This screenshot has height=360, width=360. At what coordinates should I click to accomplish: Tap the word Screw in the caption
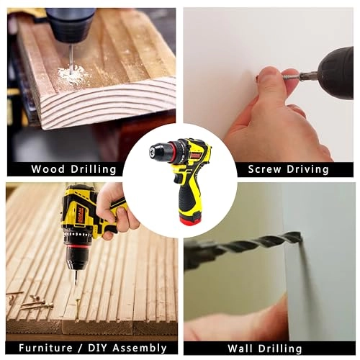[x=265, y=169]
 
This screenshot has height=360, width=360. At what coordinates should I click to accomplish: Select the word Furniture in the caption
[x=41, y=348]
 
